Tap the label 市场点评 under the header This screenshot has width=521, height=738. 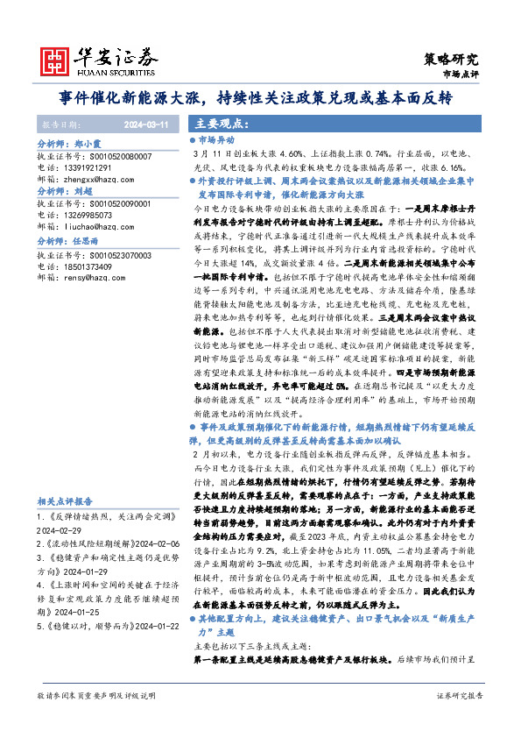point(461,75)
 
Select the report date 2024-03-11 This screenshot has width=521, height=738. point(146,124)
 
